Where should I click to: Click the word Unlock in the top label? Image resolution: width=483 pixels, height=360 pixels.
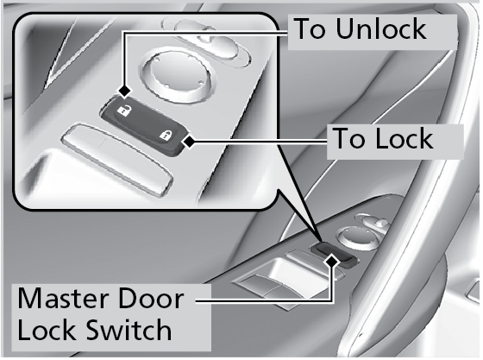pyautogui.click(x=380, y=28)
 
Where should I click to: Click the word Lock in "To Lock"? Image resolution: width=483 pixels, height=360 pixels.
pyautogui.click(x=405, y=138)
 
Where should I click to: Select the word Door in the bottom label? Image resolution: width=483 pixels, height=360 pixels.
pyautogui.click(x=151, y=299)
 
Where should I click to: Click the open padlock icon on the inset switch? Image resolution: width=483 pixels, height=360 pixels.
pyautogui.click(x=124, y=110)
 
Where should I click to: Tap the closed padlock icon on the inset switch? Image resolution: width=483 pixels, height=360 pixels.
pyautogui.click(x=166, y=135)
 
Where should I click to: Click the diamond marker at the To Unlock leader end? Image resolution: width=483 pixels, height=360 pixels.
pyautogui.click(x=125, y=92)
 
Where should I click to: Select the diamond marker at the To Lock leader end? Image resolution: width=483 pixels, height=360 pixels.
pyautogui.click(x=189, y=142)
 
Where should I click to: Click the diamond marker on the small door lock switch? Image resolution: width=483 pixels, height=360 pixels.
pyautogui.click(x=332, y=261)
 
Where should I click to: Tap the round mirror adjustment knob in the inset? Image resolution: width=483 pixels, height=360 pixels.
pyautogui.click(x=177, y=74)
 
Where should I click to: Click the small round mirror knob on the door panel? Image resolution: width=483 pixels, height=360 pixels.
pyautogui.click(x=354, y=237)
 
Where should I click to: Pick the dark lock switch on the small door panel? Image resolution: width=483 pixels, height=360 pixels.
pyautogui.click(x=335, y=253)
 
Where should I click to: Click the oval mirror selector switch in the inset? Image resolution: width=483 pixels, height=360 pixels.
pyautogui.click(x=206, y=41)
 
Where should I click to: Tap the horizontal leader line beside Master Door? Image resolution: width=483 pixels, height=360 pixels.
pyautogui.click(x=264, y=300)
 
